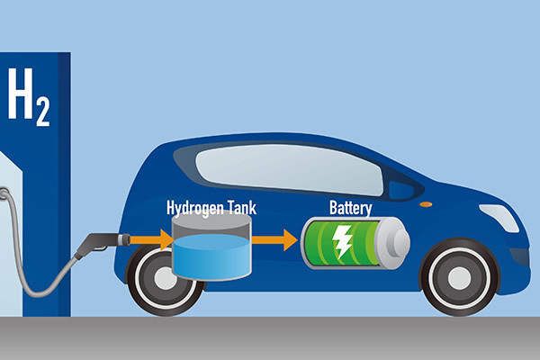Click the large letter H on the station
click(21, 94)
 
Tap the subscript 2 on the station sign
click(43, 112)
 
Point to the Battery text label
click(351, 208)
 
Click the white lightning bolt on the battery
click(342, 242)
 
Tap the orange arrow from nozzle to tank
click(151, 239)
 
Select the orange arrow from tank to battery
click(274, 239)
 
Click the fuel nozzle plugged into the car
click(102, 243)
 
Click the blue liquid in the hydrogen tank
click(211, 256)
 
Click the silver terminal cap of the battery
click(394, 242)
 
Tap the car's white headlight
click(499, 218)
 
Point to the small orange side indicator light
click(426, 204)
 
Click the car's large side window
click(289, 169)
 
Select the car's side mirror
click(400, 190)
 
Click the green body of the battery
click(341, 242)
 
